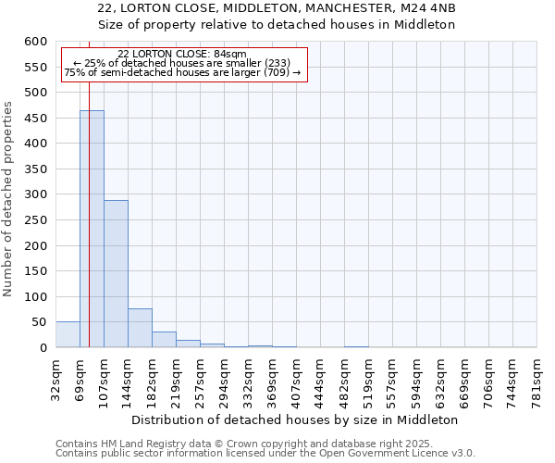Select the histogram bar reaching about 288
pyautogui.click(x=116, y=274)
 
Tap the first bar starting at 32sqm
pyautogui.click(x=68, y=334)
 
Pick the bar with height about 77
pyautogui.click(x=140, y=328)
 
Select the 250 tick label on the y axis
pyautogui.click(x=35, y=245)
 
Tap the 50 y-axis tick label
pyautogui.click(x=39, y=322)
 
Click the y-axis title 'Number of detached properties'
pyautogui.click(x=9, y=199)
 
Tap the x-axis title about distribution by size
pyautogui.click(x=295, y=419)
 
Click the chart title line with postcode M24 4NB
pyautogui.click(x=277, y=7)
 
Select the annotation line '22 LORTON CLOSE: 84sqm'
pyautogui.click(x=182, y=55)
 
